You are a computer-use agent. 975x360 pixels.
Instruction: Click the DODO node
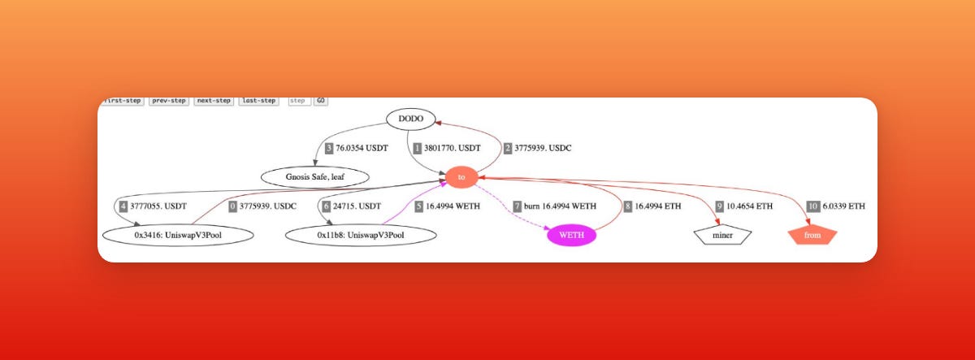[411, 119]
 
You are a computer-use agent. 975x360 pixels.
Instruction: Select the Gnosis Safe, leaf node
[315, 176]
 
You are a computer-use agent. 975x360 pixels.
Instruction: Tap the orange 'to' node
[461, 176]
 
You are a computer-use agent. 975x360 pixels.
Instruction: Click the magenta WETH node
[572, 236]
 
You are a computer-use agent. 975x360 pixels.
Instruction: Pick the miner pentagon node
[722, 236]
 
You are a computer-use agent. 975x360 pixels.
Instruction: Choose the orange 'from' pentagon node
[812, 236]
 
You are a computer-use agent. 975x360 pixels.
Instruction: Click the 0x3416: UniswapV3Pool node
[179, 236]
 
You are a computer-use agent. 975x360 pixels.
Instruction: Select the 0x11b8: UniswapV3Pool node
[362, 236]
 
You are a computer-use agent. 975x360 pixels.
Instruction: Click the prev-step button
[169, 101]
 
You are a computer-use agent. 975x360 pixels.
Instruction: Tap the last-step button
[258, 101]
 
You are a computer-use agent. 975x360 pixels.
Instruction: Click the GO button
[321, 101]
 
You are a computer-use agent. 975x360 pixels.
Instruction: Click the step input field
[298, 101]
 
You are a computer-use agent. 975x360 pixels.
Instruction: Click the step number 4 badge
[123, 206]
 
